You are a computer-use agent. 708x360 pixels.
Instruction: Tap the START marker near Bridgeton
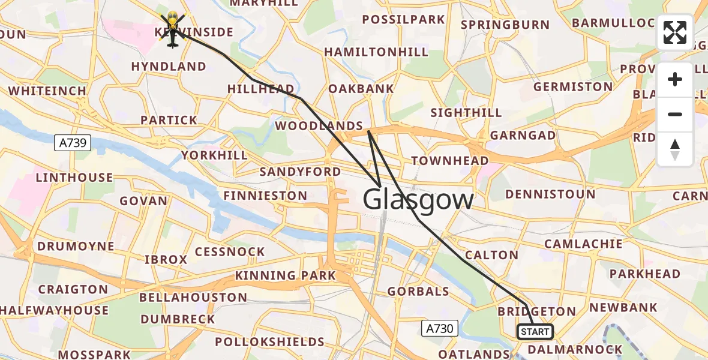535,332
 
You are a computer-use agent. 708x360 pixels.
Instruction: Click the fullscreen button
675,32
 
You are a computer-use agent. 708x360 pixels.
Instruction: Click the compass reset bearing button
675,149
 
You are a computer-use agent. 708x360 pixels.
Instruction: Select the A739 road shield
73,143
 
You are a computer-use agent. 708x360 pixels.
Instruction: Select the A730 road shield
439,328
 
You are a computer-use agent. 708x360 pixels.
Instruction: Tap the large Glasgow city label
418,199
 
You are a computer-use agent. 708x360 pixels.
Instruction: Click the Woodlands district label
319,126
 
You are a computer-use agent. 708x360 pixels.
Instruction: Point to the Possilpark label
404,20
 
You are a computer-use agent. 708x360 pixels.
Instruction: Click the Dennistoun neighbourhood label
550,194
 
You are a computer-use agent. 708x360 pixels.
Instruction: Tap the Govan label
143,201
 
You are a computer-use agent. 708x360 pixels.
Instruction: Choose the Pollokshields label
269,342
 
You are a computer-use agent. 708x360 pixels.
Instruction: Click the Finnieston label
265,196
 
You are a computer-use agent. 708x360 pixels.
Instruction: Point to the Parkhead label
644,274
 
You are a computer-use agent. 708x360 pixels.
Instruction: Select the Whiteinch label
47,91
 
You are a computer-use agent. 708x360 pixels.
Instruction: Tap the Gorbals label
418,292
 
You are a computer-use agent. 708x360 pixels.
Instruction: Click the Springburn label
505,25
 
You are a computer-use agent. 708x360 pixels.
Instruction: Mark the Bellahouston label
193,298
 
